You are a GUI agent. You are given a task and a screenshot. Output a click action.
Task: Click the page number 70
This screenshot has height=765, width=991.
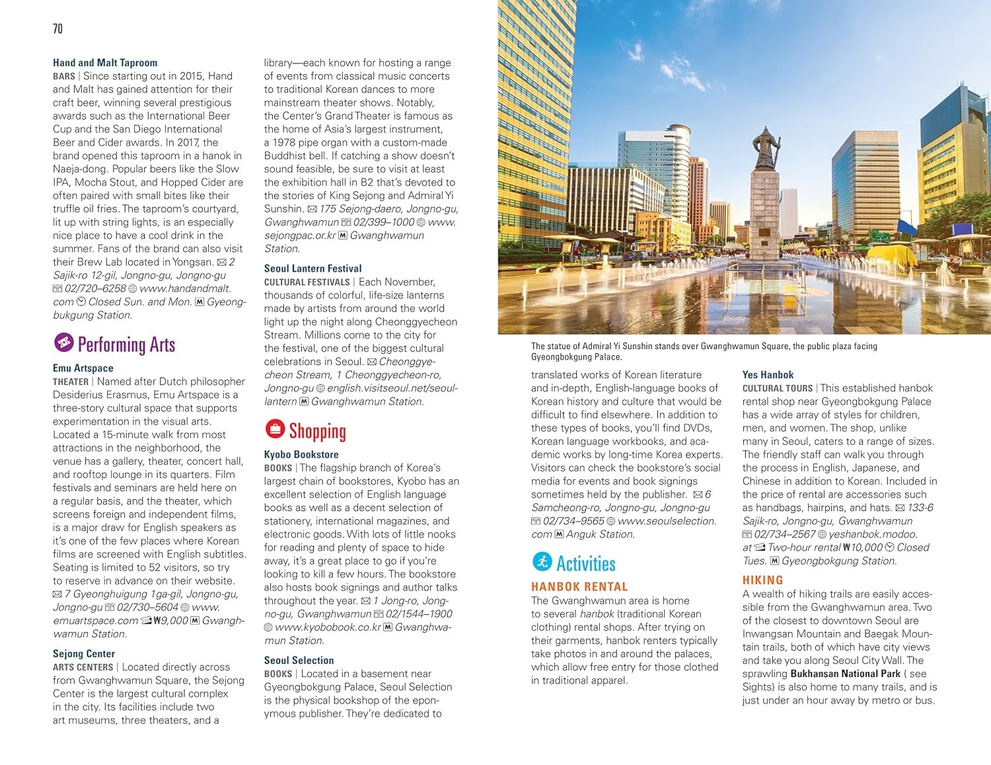pyautogui.click(x=57, y=28)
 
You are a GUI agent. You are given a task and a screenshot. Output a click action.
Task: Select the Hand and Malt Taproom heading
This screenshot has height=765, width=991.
pyautogui.click(x=105, y=63)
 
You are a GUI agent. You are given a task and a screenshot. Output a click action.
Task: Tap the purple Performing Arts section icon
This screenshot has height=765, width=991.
pyautogui.click(x=63, y=342)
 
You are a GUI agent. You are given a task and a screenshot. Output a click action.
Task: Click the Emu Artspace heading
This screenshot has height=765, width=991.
pyautogui.click(x=83, y=368)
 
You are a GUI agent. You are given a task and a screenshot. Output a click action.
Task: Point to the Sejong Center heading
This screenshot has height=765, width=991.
pyautogui.click(x=84, y=653)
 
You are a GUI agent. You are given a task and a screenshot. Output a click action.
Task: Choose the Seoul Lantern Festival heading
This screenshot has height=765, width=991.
pyautogui.click(x=312, y=268)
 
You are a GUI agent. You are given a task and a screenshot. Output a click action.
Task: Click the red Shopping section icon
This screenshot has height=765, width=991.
pyautogui.click(x=275, y=429)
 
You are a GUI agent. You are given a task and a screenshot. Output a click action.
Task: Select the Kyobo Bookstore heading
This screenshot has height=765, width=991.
pyautogui.click(x=301, y=454)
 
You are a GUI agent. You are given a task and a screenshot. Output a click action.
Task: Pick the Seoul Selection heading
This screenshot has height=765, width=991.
pyautogui.click(x=299, y=660)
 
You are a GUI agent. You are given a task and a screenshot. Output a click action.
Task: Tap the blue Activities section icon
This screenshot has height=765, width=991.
pyautogui.click(x=542, y=562)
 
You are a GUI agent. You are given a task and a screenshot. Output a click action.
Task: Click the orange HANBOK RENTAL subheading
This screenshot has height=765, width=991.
pyautogui.click(x=579, y=586)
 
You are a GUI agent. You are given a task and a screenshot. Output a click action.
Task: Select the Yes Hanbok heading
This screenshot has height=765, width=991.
pyautogui.click(x=768, y=374)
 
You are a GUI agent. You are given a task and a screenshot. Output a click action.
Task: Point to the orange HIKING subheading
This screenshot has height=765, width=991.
pyautogui.click(x=762, y=580)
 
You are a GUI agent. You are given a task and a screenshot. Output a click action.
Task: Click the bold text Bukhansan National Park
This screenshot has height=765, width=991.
pyautogui.click(x=845, y=673)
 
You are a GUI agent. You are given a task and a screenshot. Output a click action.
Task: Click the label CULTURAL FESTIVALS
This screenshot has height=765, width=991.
pyautogui.click(x=307, y=282)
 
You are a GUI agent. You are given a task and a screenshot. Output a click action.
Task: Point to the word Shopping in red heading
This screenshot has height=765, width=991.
pyautogui.click(x=317, y=431)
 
